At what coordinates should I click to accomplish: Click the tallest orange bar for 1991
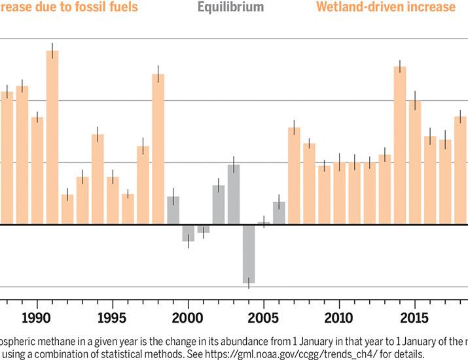[52, 137]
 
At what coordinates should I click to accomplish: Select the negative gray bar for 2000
[189, 233]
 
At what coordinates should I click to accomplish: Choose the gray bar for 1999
[173, 210]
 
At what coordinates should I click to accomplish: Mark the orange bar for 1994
[98, 179]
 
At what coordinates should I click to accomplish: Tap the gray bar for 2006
[279, 213]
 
